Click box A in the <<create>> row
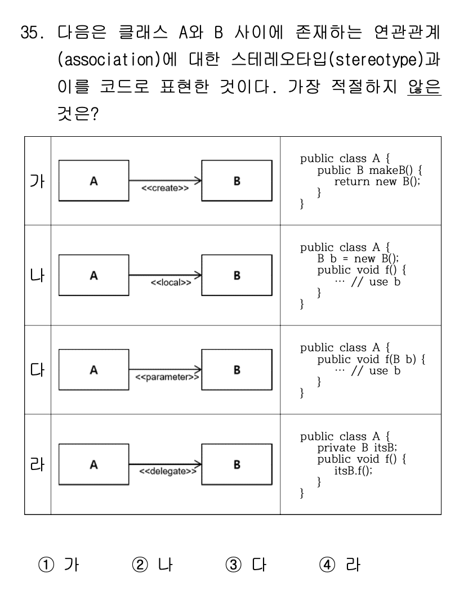93,182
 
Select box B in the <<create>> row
237,182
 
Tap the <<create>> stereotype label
164,189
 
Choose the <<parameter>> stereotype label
166,377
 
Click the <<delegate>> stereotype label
165,471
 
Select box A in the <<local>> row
93,276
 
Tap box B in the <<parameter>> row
237,370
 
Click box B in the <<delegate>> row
237,465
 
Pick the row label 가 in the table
38,181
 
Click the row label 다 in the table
38,370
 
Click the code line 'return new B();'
377,182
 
